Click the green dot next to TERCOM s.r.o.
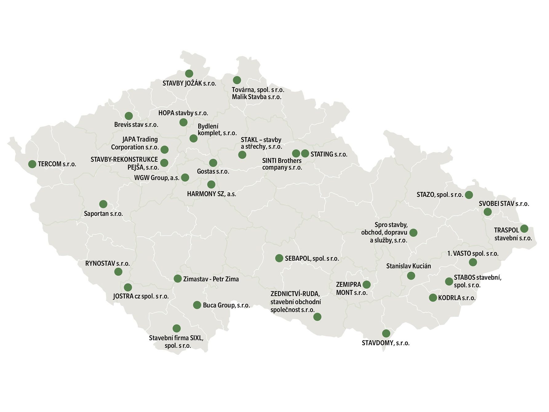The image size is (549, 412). [x=32, y=164]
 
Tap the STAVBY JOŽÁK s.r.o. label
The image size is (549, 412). [x=189, y=83]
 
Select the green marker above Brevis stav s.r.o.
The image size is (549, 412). [x=129, y=116]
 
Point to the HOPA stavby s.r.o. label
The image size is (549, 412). [x=183, y=113]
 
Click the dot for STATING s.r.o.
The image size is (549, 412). [x=305, y=153]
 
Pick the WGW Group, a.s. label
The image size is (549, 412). [x=157, y=178]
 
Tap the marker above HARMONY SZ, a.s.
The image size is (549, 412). [x=211, y=185]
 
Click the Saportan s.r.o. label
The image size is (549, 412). [x=103, y=214]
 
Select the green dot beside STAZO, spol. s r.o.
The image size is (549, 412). [x=469, y=195]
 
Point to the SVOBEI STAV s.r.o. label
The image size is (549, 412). [x=504, y=204]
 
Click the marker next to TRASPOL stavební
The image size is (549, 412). [x=524, y=229]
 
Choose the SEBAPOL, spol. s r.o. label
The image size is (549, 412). [x=312, y=258]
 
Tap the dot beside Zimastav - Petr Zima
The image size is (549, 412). [x=177, y=279]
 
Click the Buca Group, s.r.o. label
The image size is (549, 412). [x=226, y=305]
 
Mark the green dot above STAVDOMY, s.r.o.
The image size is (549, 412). [x=386, y=333]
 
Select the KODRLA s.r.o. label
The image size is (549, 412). [x=457, y=298]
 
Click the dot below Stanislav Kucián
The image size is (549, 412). [x=411, y=276]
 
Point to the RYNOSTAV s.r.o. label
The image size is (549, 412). [x=107, y=263]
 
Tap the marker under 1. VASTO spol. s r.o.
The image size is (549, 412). [x=473, y=262]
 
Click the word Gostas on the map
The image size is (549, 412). [x=206, y=171]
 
